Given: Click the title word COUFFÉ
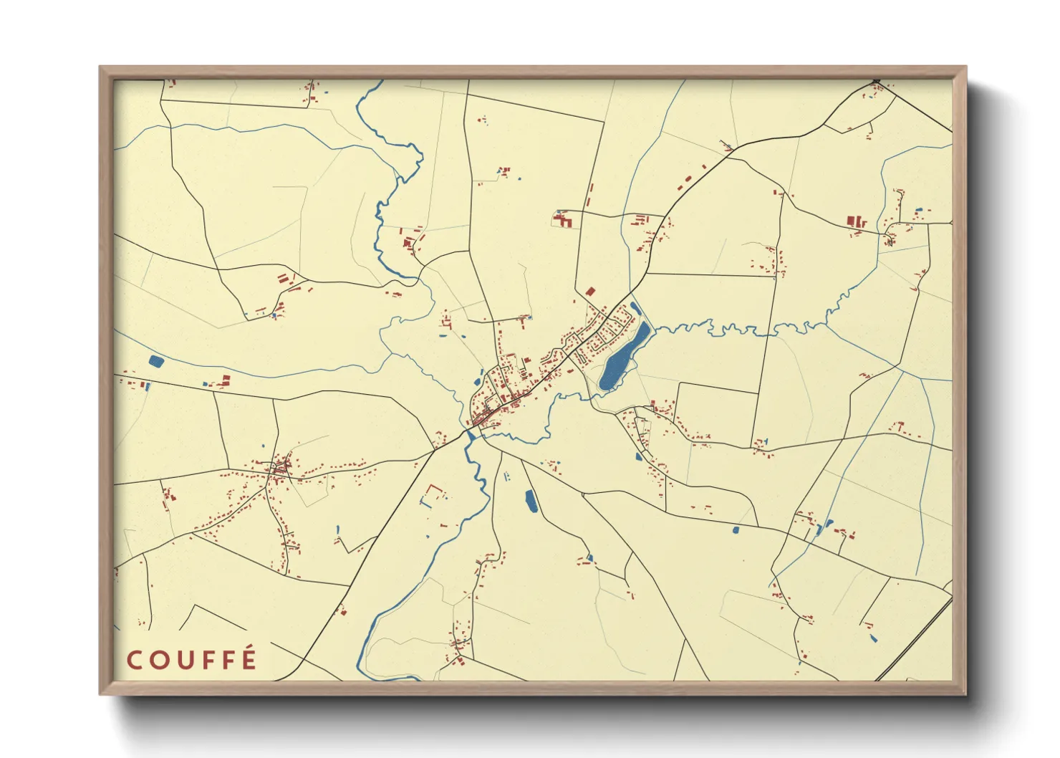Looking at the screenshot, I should [x=191, y=660].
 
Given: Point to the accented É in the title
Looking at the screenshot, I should [x=249, y=658].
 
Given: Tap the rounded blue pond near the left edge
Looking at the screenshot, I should [x=155, y=361].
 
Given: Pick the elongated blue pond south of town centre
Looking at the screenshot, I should [x=531, y=501].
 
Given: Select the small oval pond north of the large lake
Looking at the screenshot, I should [x=635, y=309].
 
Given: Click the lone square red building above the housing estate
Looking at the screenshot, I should [x=590, y=292].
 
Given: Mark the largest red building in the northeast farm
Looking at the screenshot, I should [x=852, y=221].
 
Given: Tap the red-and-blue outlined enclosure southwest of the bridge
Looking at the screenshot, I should [x=433, y=494].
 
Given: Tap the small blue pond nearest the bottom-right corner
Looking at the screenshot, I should [x=872, y=637].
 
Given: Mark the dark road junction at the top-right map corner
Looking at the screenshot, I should [x=877, y=81].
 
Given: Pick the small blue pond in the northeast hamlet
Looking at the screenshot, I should [x=919, y=210].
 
